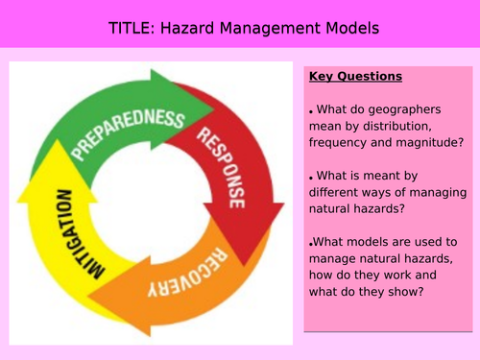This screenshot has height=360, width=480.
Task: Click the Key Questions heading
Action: pos(356,77)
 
